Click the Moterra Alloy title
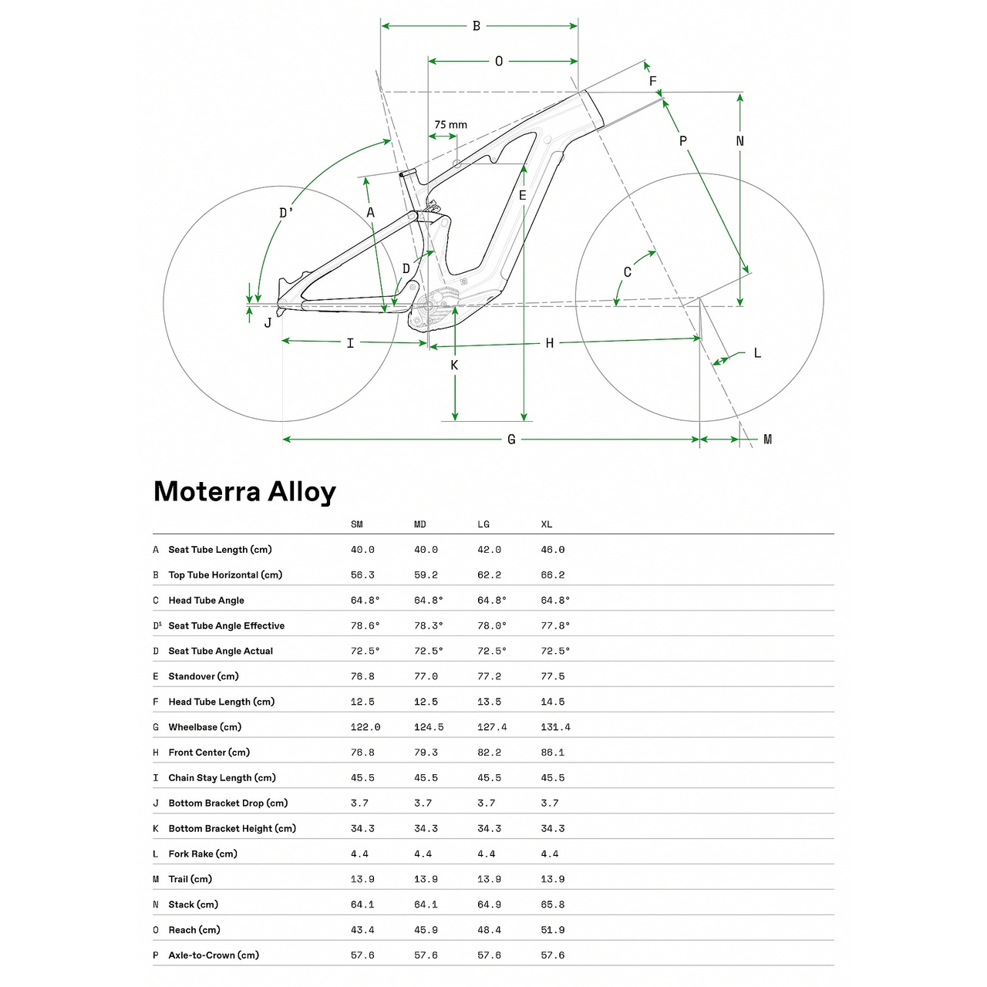pos(244,491)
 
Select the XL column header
pos(546,524)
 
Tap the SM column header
pos(356,524)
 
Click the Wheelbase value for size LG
pos(492,727)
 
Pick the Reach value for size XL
pos(552,930)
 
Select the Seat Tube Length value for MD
pos(426,550)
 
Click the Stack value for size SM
pos(362,904)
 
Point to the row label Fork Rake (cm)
pos(203,854)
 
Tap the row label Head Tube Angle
pos(206,600)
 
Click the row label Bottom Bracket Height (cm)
pos(232,828)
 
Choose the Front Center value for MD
pos(426,753)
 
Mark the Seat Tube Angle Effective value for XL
pos(555,625)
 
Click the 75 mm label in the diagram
pos(450,125)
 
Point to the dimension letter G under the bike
pos(511,440)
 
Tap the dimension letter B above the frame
pos(477,26)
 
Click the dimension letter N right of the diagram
pos(740,141)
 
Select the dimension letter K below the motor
pos(454,365)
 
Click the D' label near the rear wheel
pos(286,213)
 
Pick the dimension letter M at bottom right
pos(767,440)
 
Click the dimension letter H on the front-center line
pos(550,343)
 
